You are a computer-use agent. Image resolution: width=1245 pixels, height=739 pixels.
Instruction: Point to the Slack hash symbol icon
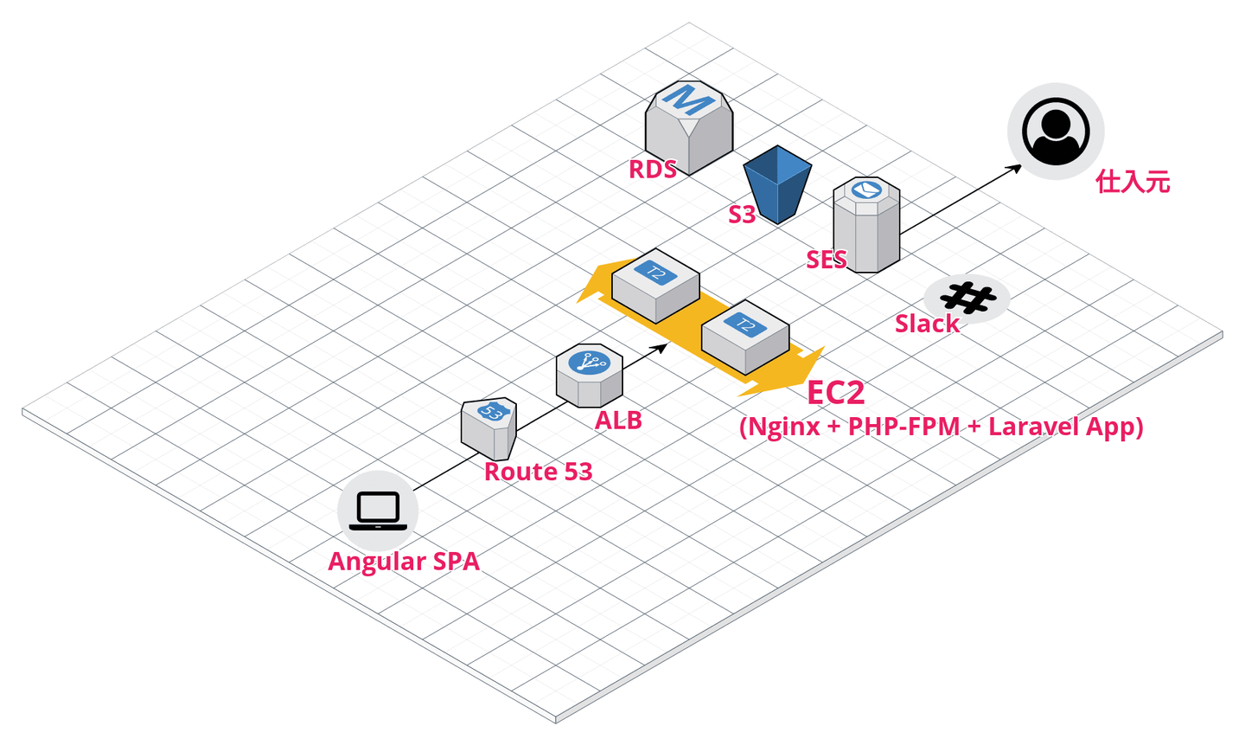967,298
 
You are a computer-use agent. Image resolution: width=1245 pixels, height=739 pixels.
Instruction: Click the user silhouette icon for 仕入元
1055,132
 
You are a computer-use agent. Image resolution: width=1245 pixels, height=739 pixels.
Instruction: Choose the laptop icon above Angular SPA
378,511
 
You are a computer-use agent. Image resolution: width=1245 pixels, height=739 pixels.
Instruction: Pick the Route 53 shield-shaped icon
489,427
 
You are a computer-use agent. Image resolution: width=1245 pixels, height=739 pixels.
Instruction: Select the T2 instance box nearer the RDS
655,286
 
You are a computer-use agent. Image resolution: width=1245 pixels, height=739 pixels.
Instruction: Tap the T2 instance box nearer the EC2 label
744,336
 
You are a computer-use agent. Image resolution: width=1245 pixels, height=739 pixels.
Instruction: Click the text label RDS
653,170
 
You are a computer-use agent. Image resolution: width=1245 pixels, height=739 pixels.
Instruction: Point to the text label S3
742,215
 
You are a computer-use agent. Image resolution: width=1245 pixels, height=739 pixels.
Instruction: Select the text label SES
827,260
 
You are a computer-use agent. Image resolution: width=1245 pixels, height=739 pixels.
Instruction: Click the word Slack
927,324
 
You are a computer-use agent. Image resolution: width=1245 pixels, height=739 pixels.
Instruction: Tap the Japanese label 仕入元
1133,182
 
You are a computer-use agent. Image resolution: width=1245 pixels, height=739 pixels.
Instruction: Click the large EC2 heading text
835,393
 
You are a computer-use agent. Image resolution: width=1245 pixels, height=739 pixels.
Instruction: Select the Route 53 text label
538,472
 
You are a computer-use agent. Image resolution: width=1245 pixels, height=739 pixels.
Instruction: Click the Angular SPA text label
404,562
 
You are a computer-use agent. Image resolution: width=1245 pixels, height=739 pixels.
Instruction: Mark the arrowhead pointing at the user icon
1015,168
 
